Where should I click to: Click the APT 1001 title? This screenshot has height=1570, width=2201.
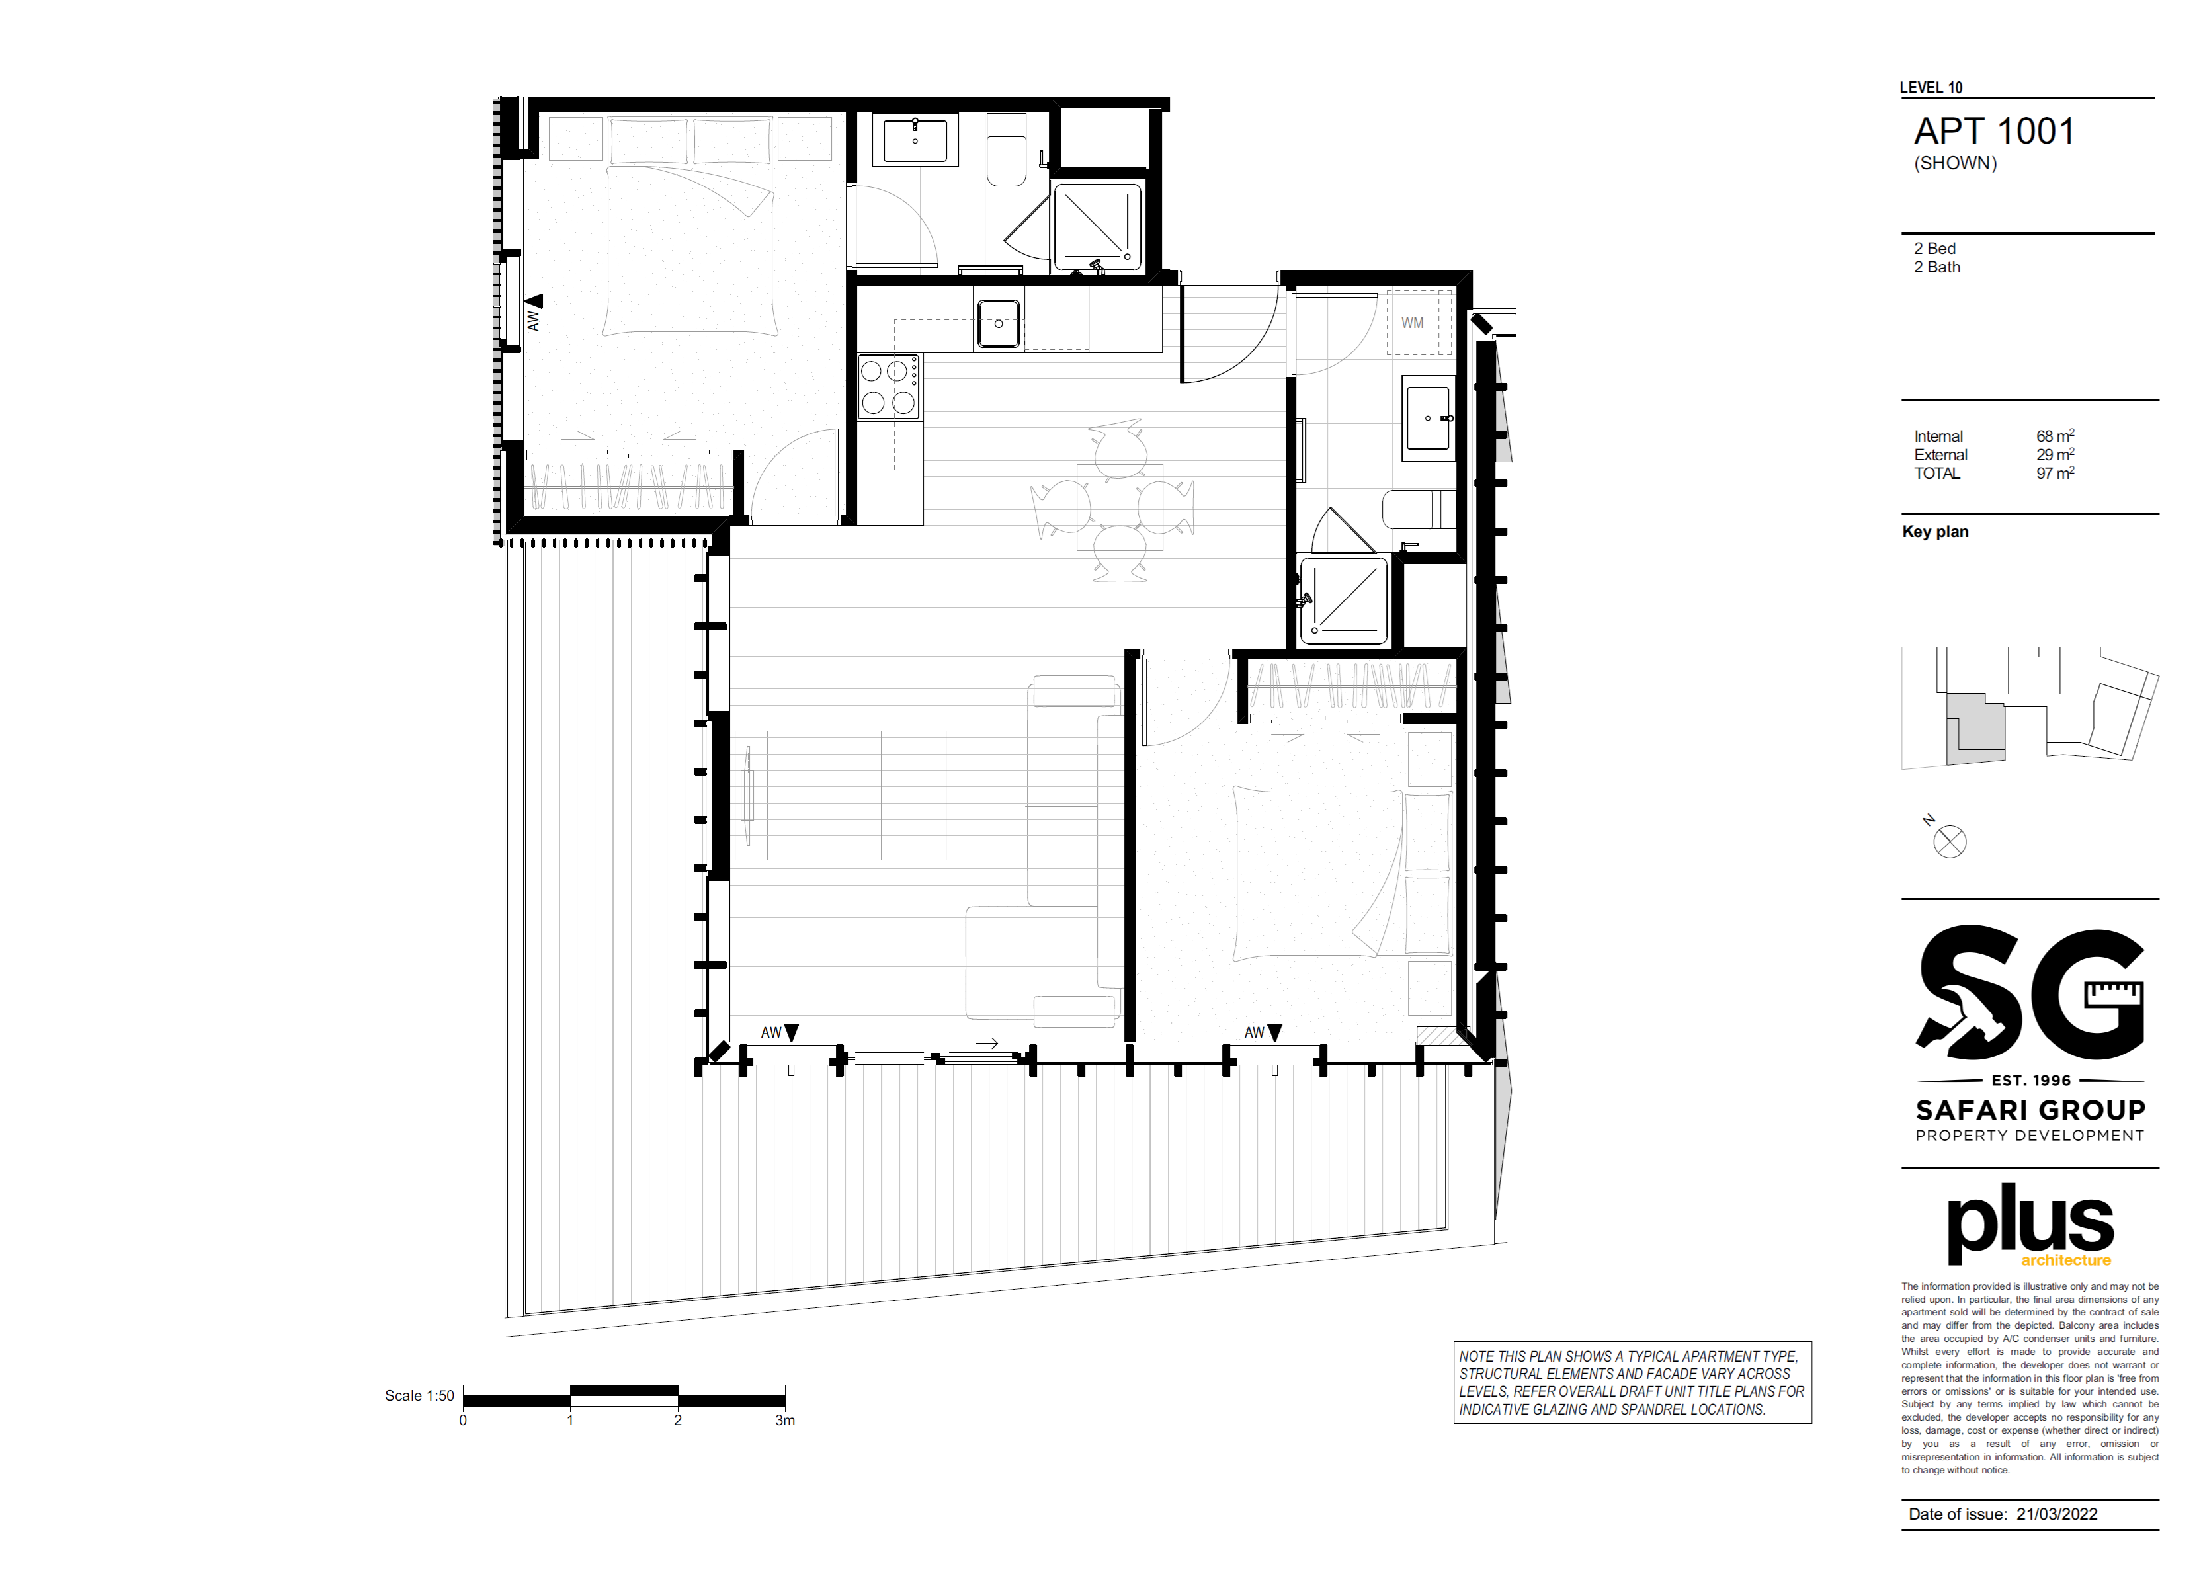point(1993,132)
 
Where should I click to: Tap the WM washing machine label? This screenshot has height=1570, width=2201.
point(1412,323)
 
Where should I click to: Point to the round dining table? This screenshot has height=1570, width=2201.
point(1120,507)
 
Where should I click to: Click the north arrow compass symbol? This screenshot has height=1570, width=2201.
point(1949,841)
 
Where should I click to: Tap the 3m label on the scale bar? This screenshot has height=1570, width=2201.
point(785,1420)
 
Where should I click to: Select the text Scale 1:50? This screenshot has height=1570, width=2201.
point(419,1396)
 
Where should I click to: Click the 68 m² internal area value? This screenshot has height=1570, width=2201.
point(2055,436)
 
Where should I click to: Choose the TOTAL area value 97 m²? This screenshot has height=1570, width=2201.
point(2055,473)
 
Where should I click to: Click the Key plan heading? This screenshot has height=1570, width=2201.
point(1935,532)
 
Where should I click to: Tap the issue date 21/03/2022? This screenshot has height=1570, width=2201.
point(2057,1514)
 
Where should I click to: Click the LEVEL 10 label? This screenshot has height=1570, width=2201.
point(1931,88)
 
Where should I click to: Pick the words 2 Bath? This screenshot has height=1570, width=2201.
point(1937,267)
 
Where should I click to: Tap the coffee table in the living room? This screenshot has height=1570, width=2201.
point(913,796)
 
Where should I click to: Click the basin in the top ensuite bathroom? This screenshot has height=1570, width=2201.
point(915,140)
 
